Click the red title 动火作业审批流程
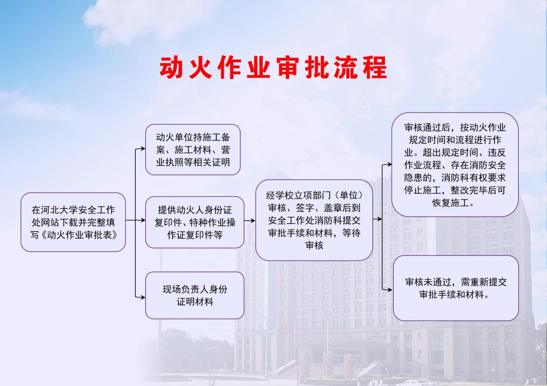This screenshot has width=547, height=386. [273, 67]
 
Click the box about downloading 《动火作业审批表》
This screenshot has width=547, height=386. [73, 222]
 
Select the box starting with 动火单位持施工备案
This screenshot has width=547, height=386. [193, 149]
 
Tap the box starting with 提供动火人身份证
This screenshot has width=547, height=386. [194, 222]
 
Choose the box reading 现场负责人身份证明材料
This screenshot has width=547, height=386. [194, 295]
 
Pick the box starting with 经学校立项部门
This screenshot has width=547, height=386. [314, 220]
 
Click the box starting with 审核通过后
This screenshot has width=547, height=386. [455, 164]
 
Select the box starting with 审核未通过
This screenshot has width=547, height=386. [456, 288]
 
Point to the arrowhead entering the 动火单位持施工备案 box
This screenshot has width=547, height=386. [142, 149]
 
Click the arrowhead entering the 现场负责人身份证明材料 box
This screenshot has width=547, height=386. [142, 297]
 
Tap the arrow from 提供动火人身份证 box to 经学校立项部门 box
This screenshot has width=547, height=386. [250, 220]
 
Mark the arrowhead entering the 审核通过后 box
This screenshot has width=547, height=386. [389, 164]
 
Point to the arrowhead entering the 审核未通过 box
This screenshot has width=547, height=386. [389, 289]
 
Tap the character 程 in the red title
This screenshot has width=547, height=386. [375, 67]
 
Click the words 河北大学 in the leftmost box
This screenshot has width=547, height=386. [59, 210]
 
